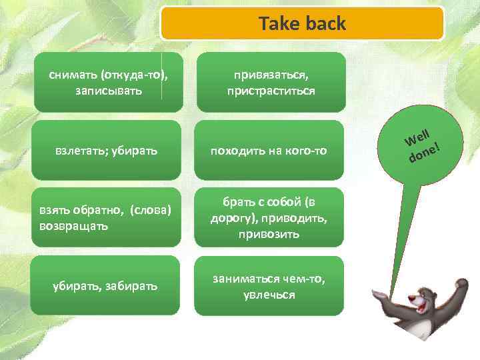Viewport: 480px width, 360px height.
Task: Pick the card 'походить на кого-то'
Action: [x=269, y=151]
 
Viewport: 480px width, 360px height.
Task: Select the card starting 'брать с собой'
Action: [x=269, y=217]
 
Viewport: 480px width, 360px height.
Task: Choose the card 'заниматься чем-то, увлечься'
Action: [x=269, y=286]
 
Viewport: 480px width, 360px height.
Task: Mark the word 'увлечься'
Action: [x=269, y=294]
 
